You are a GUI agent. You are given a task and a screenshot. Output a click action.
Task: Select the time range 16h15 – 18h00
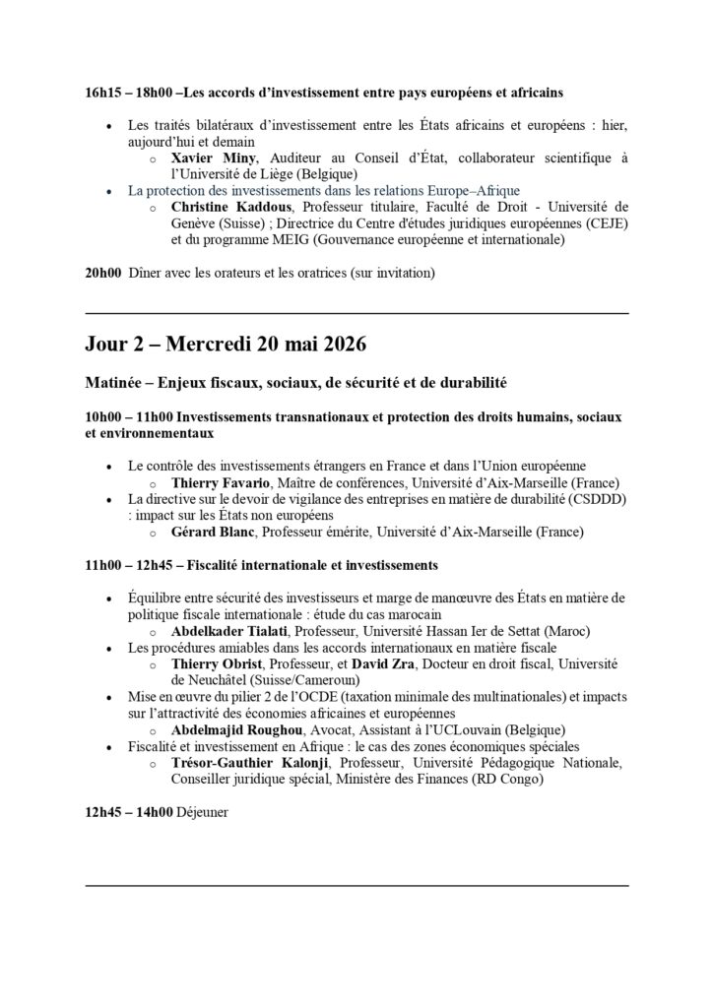coord(128,93)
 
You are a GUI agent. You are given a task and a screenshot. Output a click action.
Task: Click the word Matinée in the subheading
coord(115,381)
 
